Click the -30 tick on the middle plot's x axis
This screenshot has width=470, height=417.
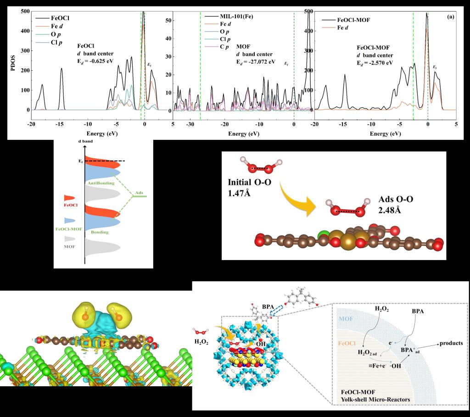click(190, 124)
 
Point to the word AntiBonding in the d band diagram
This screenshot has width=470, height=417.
click(102, 183)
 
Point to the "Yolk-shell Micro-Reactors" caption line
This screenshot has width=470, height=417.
click(373, 400)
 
